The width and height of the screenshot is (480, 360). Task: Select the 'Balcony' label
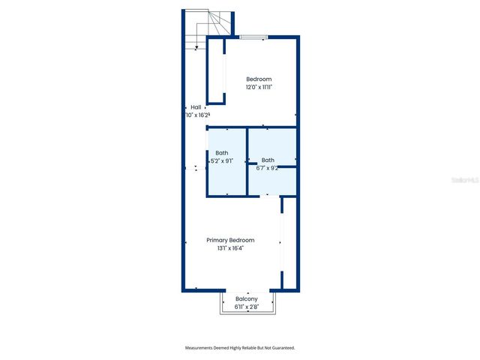[246, 298]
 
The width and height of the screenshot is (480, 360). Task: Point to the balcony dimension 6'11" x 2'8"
[246, 307]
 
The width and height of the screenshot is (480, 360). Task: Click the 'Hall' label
[196, 107]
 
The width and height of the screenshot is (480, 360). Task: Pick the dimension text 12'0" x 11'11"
[259, 87]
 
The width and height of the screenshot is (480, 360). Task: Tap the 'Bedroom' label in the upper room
[259, 79]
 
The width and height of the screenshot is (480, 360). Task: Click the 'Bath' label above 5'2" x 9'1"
[222, 153]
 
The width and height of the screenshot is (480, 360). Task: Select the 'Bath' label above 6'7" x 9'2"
[268, 160]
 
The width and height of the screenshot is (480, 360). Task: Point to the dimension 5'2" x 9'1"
[222, 160]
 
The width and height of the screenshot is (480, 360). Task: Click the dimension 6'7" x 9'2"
[268, 168]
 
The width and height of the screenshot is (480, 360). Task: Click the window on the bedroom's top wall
[251, 36]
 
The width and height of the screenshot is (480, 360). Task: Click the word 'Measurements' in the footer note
[200, 348]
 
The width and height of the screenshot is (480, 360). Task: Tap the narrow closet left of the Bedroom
[215, 69]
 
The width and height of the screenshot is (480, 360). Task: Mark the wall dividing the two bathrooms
[247, 160]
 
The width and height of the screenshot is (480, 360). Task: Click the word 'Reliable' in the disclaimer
[246, 348]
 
